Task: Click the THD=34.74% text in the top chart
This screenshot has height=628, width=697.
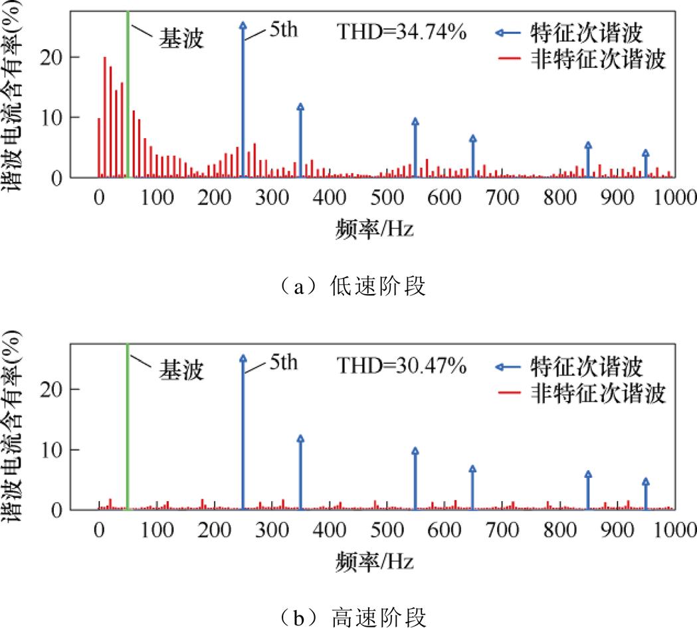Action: click(402, 32)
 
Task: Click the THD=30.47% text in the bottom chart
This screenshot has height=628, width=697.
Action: click(402, 364)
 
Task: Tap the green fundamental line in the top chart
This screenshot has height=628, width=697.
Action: click(127, 100)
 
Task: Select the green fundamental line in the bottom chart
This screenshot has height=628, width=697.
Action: click(127, 432)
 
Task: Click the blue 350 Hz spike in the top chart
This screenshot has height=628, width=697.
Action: click(300, 143)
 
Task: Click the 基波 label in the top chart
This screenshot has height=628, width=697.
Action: click(180, 39)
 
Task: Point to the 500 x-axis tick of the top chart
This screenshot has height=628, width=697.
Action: click(387, 197)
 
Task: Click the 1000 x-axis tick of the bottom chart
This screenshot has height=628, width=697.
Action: click(674, 529)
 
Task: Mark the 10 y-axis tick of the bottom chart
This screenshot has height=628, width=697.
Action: click(72, 449)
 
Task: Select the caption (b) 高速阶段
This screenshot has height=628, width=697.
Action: click(349, 617)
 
